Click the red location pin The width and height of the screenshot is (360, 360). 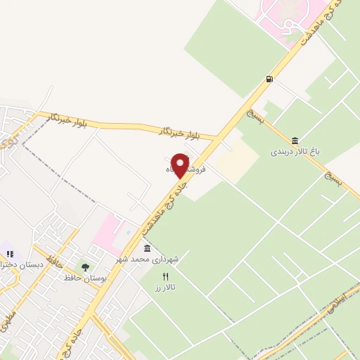click(181, 165)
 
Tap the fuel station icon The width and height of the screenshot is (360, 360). click(270, 79)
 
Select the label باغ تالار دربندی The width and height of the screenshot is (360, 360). click(293, 151)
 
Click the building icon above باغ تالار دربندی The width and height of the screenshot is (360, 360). click(294, 141)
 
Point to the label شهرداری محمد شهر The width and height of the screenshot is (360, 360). click(148, 259)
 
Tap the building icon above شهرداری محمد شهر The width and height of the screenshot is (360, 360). click(147, 248)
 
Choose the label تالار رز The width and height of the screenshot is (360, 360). click(166, 288)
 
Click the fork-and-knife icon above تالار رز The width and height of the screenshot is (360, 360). click(166, 276)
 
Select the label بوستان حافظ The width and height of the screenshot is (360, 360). click(86, 278)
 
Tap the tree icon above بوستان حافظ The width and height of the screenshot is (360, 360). click(86, 267)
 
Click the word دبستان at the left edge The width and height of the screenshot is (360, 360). click(31, 264)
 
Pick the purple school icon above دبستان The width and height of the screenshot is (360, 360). click(8, 251)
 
